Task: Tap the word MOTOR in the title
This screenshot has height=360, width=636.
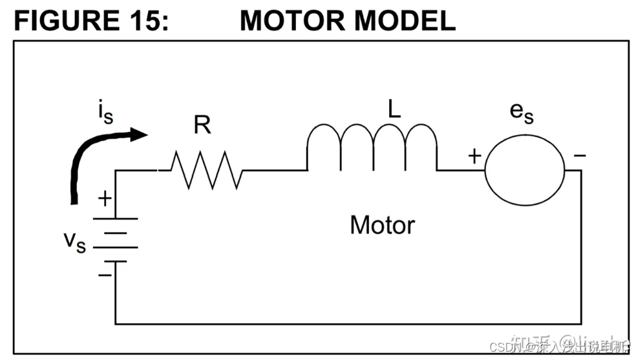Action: click(292, 21)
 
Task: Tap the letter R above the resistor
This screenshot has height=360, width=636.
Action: click(202, 125)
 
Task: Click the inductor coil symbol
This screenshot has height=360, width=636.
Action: click(371, 147)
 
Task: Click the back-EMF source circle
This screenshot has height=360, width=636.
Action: click(524, 170)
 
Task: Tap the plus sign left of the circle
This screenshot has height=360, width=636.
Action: click(474, 156)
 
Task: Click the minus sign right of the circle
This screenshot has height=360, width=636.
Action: click(580, 156)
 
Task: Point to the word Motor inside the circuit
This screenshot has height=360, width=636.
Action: click(382, 225)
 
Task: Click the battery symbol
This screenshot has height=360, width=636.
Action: click(116, 240)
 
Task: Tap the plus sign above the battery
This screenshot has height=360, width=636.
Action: click(104, 198)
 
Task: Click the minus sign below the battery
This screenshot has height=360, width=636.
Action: click(105, 275)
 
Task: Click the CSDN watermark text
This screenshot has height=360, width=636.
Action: click(505, 346)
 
